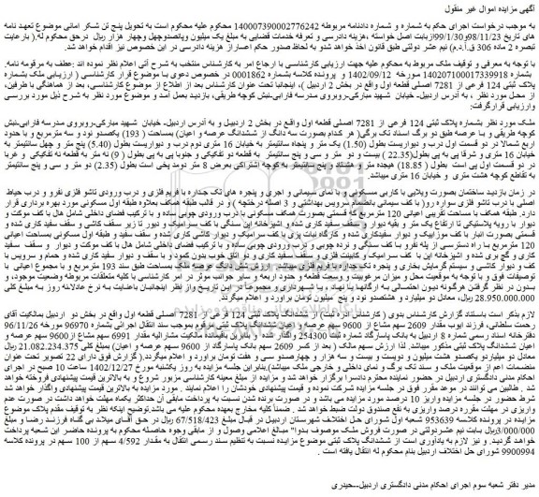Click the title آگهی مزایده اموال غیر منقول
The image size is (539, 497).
(476, 7)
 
